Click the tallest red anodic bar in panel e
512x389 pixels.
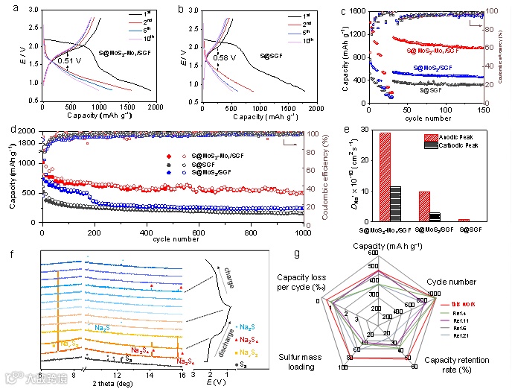tap(385, 177)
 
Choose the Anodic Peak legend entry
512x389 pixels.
tap(461, 136)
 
